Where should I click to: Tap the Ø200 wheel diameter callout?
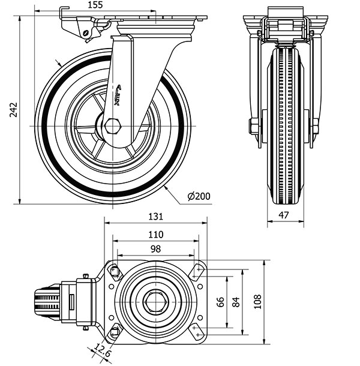coord(199,196)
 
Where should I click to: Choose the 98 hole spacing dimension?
coord(155,249)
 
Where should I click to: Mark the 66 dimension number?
coord(220,302)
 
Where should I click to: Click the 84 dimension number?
coord(235,302)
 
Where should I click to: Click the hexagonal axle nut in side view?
coord(112,126)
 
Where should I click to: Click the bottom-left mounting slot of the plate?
coord(114,331)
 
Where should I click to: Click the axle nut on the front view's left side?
coord(253,127)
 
